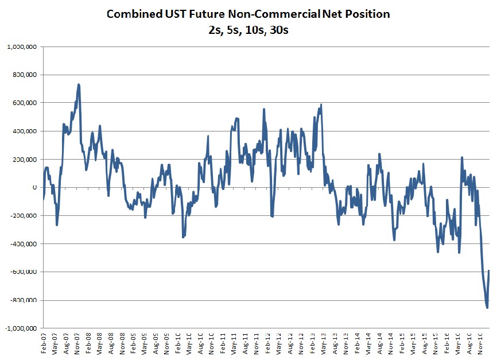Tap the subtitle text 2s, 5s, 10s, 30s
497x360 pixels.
coord(248,30)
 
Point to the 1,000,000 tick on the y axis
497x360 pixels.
coord(21,47)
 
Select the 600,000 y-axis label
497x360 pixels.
coord(24,103)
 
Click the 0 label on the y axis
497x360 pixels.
coord(34,187)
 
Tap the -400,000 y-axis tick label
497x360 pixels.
coord(22,243)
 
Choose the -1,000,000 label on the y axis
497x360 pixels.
coord(20,328)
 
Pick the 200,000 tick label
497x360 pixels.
coord(24,159)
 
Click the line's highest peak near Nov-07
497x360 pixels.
coord(79,84)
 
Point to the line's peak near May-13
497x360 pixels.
coord(321,104)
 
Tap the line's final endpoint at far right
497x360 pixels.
coord(490,270)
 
